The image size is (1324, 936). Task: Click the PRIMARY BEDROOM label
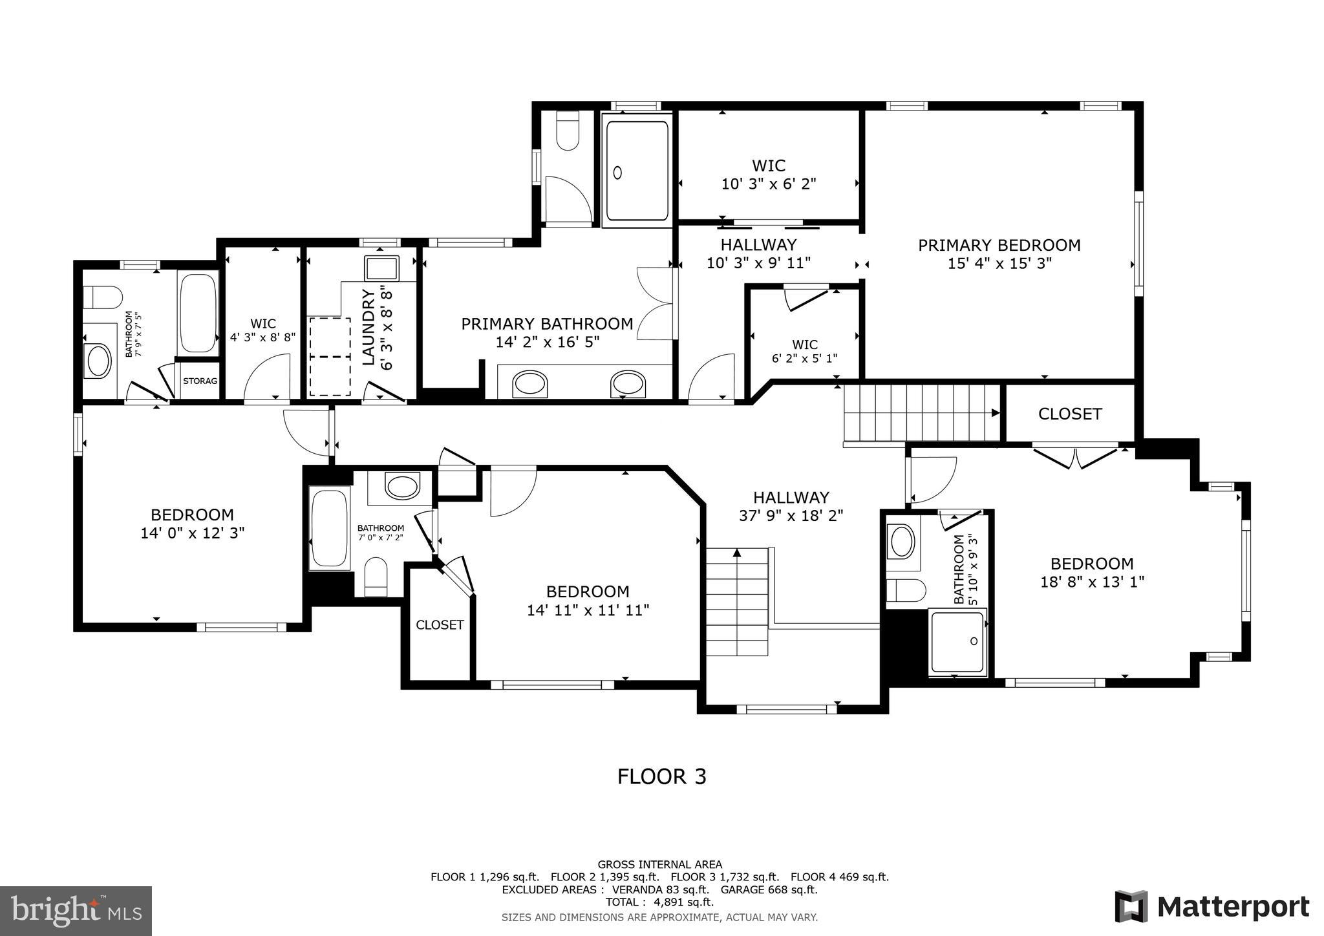tap(999, 246)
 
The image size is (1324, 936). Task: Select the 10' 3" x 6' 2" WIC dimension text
tap(769, 184)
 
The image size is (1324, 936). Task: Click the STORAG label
tap(200, 381)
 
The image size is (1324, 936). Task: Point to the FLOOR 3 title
tap(661, 776)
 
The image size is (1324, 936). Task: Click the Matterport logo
tap(1212, 906)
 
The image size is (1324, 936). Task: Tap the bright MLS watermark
tap(76, 911)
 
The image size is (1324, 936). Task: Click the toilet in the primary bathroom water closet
tap(567, 131)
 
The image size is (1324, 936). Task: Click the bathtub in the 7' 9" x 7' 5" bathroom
tap(198, 312)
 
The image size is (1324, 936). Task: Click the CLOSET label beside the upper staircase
tap(1069, 414)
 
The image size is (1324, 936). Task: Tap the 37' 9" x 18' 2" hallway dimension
tap(791, 516)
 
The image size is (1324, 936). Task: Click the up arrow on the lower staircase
tap(736, 553)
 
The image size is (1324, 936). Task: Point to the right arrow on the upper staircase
tap(996, 413)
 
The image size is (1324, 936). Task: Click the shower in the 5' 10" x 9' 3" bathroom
tap(957, 642)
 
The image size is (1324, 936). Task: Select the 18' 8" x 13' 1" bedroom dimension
tap(1091, 582)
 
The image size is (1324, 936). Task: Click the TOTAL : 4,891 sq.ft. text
tap(659, 902)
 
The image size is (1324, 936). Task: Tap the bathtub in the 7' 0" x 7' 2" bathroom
tap(330, 529)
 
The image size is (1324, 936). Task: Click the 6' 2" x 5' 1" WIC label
tap(804, 352)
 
